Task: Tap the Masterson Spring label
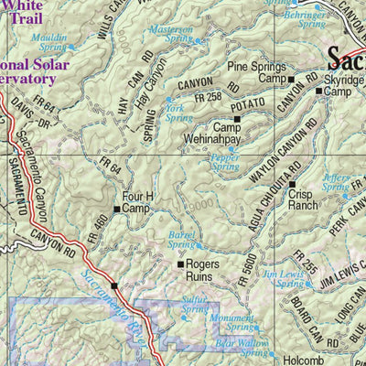coord(171,35)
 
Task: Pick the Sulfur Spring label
coord(194,304)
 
